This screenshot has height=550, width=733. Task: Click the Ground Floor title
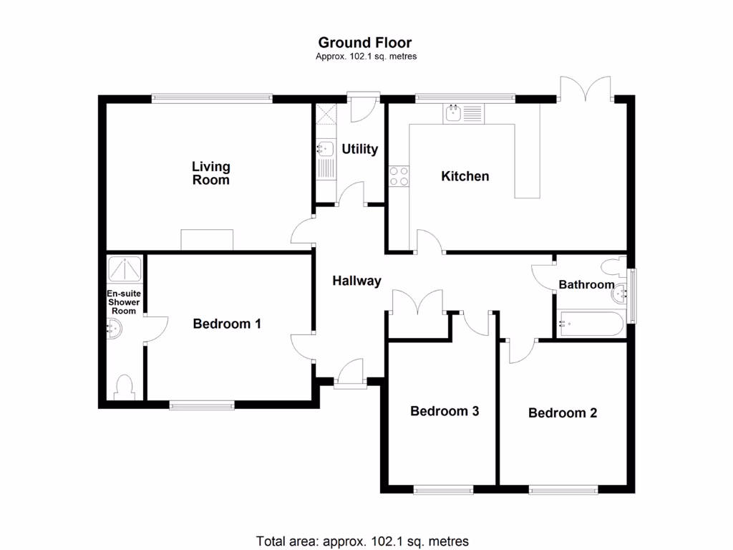pos(365,43)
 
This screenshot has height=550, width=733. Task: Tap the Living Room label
pos(210,173)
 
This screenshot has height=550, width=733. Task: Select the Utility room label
pos(359,149)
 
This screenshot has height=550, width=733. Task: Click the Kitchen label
pos(465,176)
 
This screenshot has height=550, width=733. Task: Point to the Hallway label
pos(356,281)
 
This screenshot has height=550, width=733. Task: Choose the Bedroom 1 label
pos(227,324)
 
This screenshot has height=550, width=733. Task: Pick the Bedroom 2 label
pos(562,412)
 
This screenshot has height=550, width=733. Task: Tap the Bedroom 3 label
pos(444,411)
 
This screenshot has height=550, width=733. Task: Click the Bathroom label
pos(586,285)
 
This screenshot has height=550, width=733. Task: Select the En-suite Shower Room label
pos(123,302)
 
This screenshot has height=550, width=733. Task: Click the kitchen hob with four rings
pos(399,176)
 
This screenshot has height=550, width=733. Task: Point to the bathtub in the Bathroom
pos(590,324)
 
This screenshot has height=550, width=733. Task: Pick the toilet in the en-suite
pos(124,387)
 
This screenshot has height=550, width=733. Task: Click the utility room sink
pos(324,149)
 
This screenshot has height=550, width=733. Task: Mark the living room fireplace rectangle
pos(207,240)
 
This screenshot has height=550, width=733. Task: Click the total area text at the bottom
pos(362,541)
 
